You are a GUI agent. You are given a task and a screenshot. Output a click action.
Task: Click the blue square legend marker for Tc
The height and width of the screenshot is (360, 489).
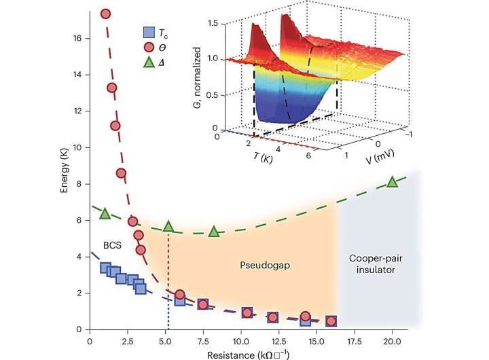[147, 31]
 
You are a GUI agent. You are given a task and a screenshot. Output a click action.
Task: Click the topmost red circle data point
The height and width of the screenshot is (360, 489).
[105, 14]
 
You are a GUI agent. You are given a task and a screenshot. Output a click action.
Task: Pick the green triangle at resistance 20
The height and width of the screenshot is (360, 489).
[392, 181]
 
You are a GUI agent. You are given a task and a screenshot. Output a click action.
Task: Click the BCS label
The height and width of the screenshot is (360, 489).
[113, 245]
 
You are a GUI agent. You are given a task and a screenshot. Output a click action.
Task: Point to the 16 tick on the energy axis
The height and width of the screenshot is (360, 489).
[78, 39]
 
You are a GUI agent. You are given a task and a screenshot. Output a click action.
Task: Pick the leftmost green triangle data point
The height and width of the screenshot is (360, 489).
[105, 213]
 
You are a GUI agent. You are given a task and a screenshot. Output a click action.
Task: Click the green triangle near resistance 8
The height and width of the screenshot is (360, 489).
[214, 231]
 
